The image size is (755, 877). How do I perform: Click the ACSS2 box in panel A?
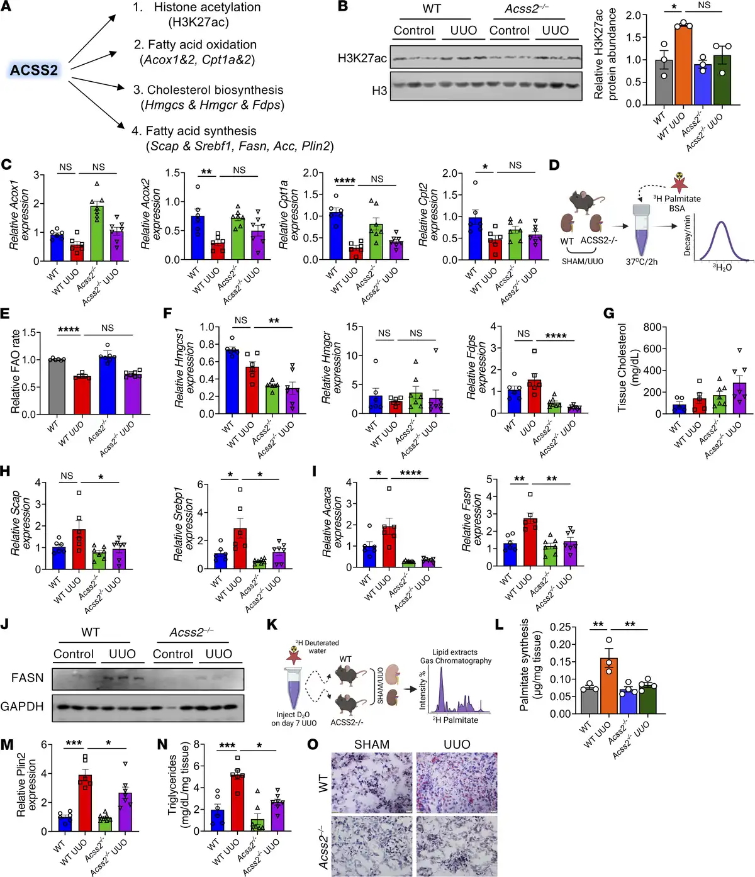(34, 70)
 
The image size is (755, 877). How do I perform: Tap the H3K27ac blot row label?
(362, 59)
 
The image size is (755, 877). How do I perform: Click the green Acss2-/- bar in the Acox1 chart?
(96, 233)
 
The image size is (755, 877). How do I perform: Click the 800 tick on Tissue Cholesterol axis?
(652, 327)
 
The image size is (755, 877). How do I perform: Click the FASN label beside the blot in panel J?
(27, 678)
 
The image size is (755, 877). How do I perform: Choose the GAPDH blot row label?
(22, 707)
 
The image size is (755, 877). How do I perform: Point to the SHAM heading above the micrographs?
(372, 744)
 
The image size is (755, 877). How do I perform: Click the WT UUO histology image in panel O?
(457, 782)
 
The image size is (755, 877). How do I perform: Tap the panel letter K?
(272, 625)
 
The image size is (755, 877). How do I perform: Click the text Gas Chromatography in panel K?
(456, 661)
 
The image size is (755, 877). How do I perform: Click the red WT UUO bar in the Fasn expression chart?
(530, 542)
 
